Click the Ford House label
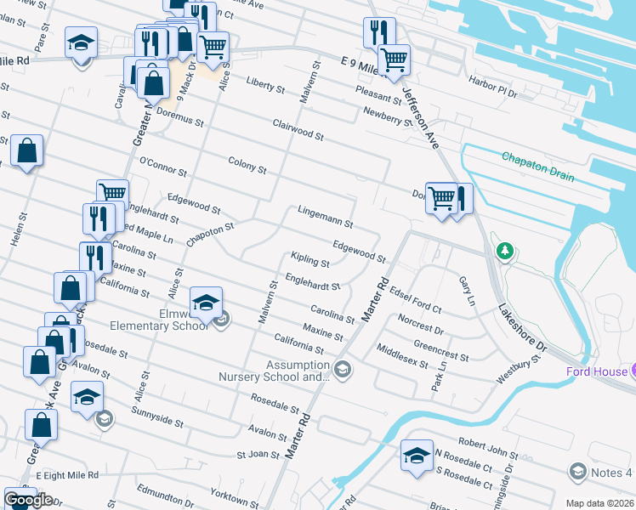click(597, 371)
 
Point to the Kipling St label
click(309, 259)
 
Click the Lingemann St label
click(325, 216)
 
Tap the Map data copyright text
click(599, 503)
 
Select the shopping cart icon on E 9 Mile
click(394, 60)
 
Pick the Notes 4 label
click(611, 472)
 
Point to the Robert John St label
click(488, 443)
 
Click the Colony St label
click(247, 164)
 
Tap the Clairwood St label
click(298, 130)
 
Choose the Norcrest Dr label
click(420, 326)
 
